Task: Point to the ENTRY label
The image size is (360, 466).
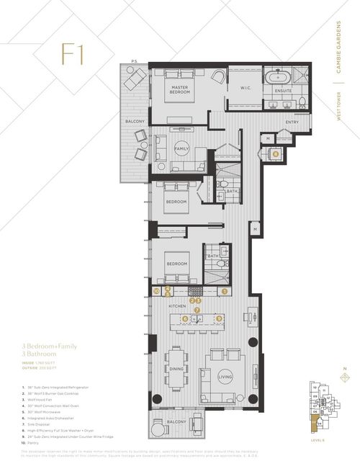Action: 291,122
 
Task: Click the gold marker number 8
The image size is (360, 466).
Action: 275,153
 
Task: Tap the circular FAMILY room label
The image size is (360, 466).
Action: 181,149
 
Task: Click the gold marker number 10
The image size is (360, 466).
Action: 156,291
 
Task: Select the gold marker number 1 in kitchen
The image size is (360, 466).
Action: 224,291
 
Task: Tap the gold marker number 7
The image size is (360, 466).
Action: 197,310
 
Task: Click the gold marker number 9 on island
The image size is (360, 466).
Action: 219,318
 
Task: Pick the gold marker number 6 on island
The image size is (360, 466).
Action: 185,318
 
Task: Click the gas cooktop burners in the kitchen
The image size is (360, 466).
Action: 195,291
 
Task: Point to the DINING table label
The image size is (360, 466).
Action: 176,367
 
